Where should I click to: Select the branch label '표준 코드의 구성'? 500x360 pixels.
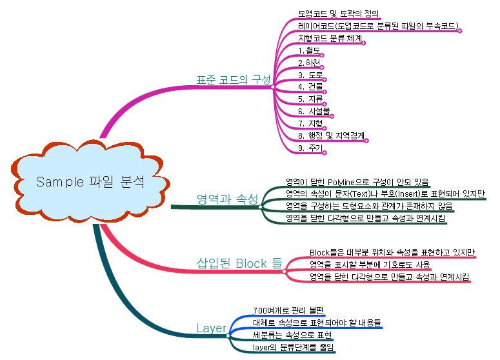[234, 79]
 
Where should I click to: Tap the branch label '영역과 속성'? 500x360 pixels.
[226, 197]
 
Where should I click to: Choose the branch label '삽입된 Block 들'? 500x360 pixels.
[239, 263]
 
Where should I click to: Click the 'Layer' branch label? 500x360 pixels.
[211, 328]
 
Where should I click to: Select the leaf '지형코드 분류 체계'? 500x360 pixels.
[330, 37]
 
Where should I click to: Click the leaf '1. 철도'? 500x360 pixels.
[310, 50]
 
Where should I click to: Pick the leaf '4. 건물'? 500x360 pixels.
[311, 86]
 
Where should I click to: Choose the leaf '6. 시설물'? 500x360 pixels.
[314, 111]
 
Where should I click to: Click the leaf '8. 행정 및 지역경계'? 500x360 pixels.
[332, 135]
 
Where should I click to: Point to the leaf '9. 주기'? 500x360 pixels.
[310, 148]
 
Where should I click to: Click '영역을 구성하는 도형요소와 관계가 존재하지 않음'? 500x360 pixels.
[369, 206]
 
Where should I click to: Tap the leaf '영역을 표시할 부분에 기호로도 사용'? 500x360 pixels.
[370, 265]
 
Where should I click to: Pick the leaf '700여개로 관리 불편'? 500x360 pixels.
[287, 310]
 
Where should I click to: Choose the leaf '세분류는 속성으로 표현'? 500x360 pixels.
[292, 335]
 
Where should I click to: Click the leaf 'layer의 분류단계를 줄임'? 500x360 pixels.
[294, 347]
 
